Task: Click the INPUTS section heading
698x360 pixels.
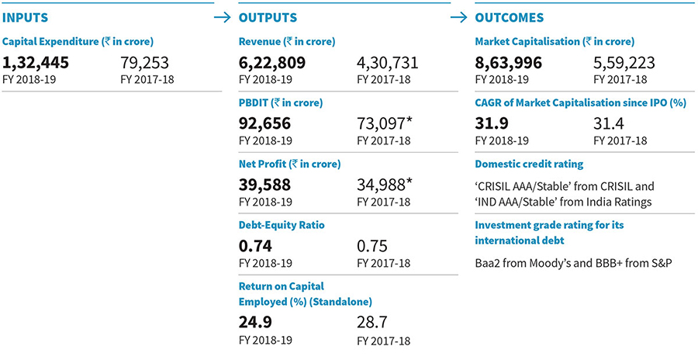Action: coord(26,16)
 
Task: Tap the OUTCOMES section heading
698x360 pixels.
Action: coord(509,17)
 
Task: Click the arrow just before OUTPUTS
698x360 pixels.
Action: coord(223,16)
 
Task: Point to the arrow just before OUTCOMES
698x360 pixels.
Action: coord(460,16)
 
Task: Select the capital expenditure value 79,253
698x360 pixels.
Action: coord(145,63)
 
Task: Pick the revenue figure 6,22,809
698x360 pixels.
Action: coord(272,63)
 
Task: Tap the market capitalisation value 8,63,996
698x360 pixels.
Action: coord(508,63)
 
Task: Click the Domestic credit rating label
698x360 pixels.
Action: coord(529,164)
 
